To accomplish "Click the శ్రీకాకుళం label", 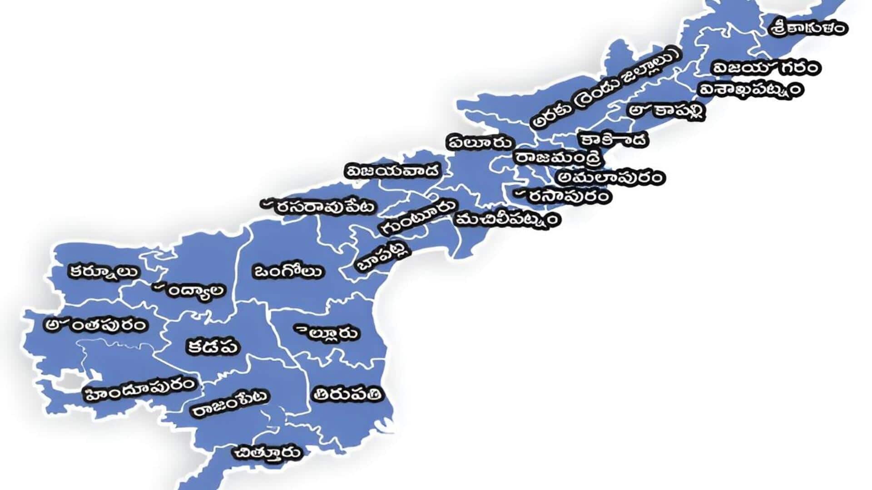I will [809, 27].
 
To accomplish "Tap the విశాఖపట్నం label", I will [750, 89].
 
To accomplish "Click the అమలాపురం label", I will [611, 177].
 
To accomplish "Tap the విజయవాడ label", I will [393, 171].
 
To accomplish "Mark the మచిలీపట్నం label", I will [508, 220].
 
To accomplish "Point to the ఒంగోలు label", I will [287, 271].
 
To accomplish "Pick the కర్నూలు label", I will [104, 272].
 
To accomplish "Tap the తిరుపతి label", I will [347, 394].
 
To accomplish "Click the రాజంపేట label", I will [230, 404].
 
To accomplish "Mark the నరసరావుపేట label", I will [320, 206].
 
